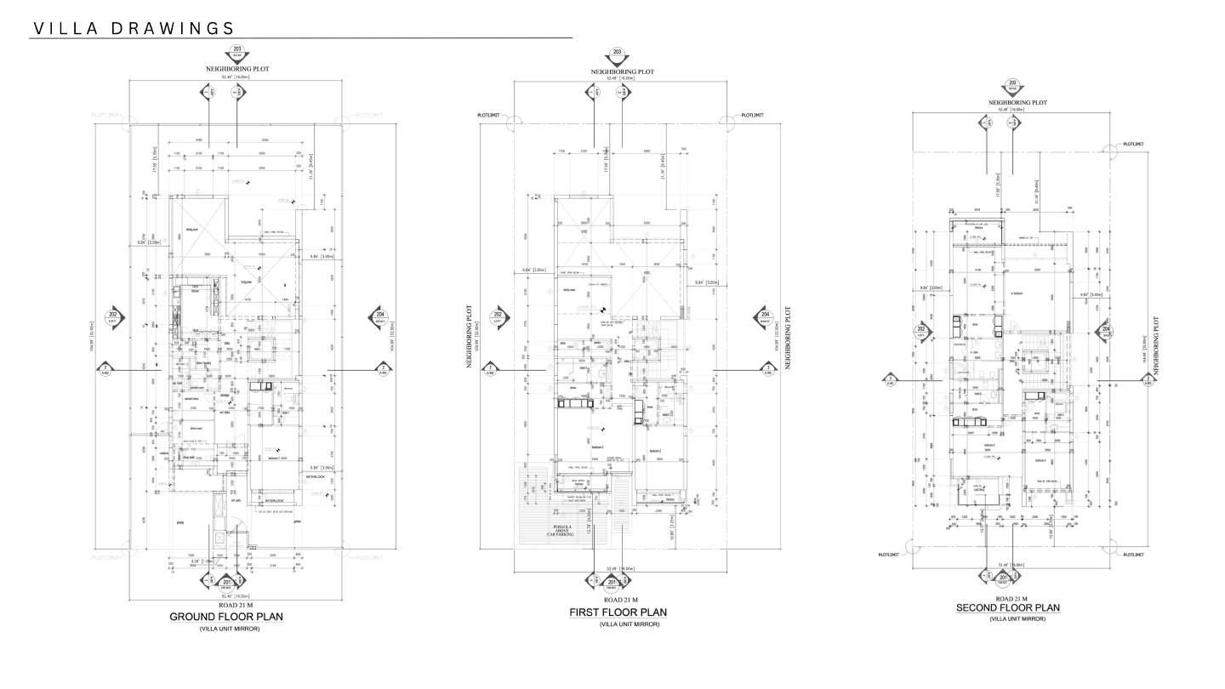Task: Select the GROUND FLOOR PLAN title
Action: (x=226, y=617)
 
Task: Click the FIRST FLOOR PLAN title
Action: (x=618, y=612)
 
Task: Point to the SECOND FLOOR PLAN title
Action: (x=1008, y=607)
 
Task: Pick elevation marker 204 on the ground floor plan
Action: (x=379, y=318)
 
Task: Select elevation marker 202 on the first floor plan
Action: (x=499, y=318)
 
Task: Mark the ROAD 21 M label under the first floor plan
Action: (x=618, y=600)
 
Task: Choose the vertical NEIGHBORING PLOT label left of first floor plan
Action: (x=469, y=336)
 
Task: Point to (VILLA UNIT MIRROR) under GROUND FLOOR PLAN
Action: (x=230, y=629)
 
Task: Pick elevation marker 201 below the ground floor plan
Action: (x=226, y=582)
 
